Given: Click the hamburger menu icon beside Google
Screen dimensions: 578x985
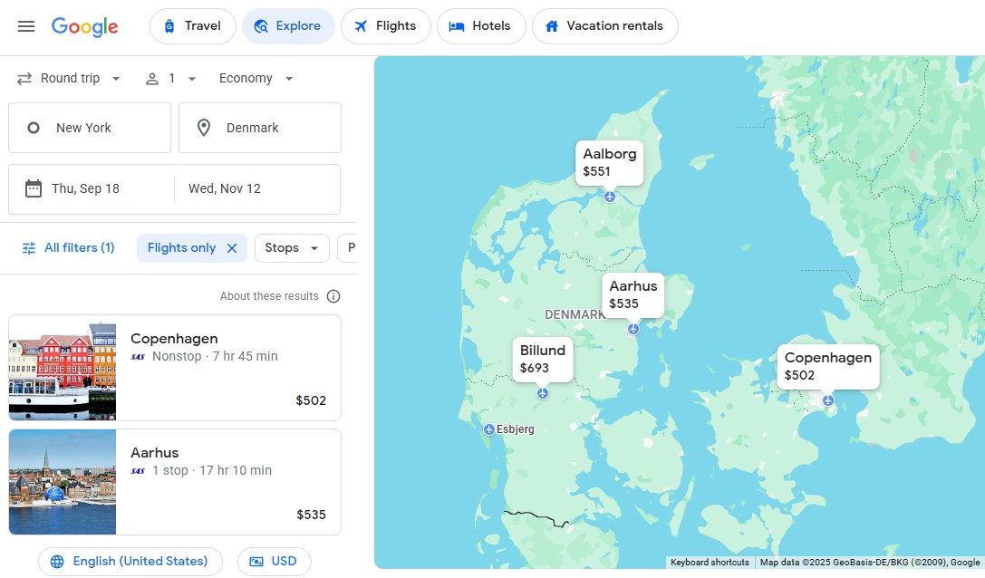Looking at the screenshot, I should point(26,26).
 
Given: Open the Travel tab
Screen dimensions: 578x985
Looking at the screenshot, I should point(192,26).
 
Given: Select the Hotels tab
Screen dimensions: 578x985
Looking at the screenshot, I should point(480,26).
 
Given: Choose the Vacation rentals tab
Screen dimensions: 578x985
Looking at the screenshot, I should point(604,26).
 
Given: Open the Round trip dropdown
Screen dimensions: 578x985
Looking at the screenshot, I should point(70,79).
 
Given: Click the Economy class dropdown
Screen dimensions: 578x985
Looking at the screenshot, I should point(256,79).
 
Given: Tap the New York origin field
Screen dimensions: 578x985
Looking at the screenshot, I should point(90,128).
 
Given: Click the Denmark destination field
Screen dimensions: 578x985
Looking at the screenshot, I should point(260,128).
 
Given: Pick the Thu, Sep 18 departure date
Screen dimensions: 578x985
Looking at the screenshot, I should point(92,189).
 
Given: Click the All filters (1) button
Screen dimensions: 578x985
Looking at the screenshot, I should point(68,248).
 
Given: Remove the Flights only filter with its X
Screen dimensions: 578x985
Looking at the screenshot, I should point(232,248).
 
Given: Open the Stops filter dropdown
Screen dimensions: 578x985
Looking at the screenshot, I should point(292,248).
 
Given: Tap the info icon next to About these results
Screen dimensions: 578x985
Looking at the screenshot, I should point(333,296).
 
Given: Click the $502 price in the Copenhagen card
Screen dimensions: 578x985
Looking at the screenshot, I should point(311,400).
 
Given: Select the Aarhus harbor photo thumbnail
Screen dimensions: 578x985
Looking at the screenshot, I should point(63,482).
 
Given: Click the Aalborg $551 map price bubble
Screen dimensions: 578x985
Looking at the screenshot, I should point(610,162).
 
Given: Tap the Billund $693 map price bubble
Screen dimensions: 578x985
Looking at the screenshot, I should point(543,359).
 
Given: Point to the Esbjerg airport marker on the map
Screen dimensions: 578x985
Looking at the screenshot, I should point(489,429).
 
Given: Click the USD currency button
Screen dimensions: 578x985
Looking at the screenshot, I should point(274,562).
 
